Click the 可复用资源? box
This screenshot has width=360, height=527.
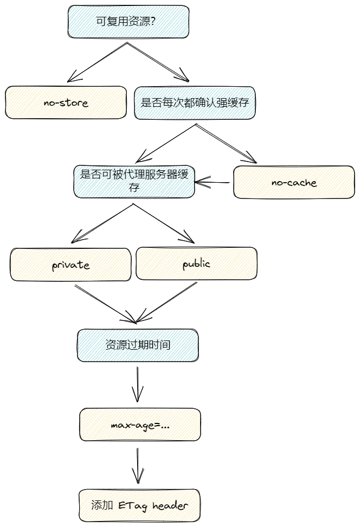128,22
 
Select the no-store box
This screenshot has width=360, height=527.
66,102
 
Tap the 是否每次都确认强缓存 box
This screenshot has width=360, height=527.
195,103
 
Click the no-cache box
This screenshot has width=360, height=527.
294,182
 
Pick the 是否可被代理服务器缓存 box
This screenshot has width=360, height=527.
134,182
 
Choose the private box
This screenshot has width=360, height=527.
70,265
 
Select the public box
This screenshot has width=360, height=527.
197,263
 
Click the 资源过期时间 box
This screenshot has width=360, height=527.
138,345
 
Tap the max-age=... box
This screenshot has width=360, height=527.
140,425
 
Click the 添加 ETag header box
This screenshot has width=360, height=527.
139,505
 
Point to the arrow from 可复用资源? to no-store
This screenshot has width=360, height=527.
98,62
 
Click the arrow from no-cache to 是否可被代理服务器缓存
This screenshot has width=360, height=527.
212,183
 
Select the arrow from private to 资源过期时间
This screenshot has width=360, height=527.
105,304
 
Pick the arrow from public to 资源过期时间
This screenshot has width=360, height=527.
166,303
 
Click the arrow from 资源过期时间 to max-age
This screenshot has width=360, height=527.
138,384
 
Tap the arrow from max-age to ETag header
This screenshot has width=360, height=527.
138,466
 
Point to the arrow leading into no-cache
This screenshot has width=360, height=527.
226,144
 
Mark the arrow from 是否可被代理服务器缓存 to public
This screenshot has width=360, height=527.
164,223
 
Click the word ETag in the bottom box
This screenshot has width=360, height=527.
133,506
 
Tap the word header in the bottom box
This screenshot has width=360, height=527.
170,505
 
